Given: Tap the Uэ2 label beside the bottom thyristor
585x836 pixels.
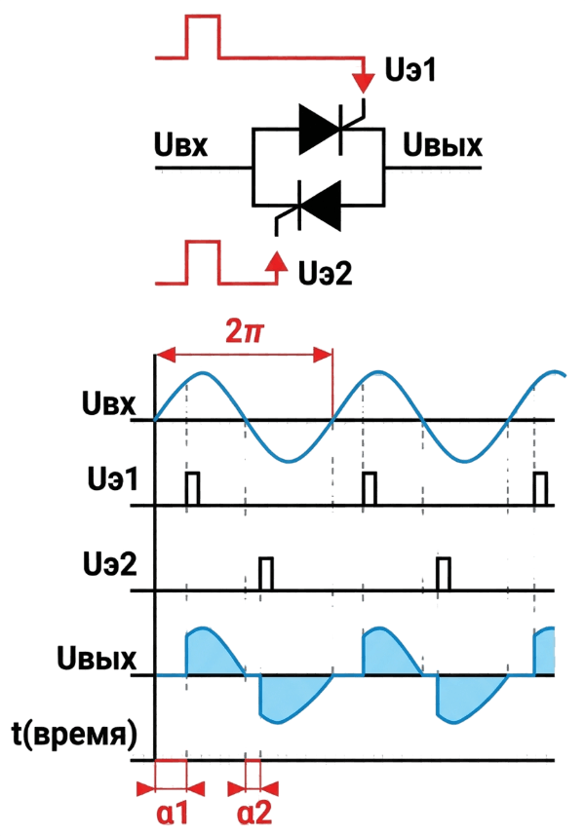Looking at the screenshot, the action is click(326, 273).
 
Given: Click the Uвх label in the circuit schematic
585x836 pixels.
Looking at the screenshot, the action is click(180, 144).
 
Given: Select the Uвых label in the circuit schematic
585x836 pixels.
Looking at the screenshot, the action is click(442, 144).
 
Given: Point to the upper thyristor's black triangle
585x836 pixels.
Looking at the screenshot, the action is click(320, 129).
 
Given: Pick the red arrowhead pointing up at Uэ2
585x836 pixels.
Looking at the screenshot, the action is click(276, 260).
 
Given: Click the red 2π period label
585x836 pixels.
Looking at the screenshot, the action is click(244, 332).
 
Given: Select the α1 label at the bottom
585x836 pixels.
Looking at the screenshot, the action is click(173, 814).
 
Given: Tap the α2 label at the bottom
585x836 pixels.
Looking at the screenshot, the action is click(254, 814).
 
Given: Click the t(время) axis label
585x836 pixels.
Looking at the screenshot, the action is click(74, 736).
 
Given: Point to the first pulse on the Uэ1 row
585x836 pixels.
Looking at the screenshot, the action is click(192, 488).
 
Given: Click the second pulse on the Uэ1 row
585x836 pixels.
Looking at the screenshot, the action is click(369, 488).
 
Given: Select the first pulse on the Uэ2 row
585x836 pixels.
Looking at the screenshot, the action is click(265, 574).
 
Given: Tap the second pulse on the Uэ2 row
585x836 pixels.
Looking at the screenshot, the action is click(444, 574).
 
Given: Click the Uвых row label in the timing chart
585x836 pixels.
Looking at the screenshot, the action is click(97, 659).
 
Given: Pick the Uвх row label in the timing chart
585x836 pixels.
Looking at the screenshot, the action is click(109, 403).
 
